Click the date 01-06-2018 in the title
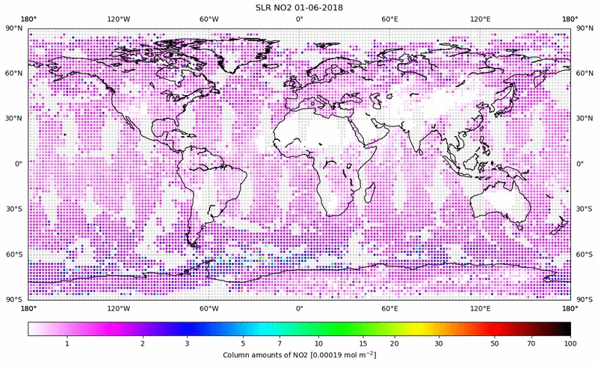[x=322, y=7]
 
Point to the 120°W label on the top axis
[x=119, y=19]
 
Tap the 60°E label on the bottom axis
[x=389, y=307]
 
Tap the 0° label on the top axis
[x=299, y=19]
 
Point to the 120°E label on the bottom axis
[x=480, y=307]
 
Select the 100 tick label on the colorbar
[x=570, y=343]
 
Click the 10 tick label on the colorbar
[x=319, y=343]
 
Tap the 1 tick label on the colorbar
[x=67, y=343]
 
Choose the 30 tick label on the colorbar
[x=439, y=343]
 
